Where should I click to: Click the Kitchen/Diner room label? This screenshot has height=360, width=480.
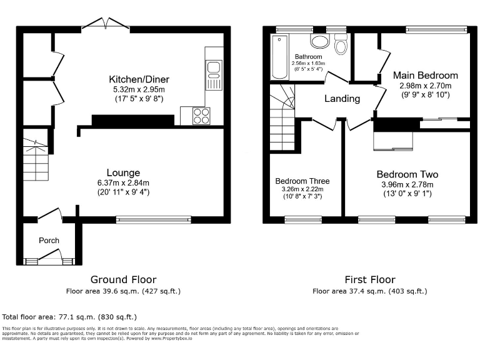(x=139, y=79)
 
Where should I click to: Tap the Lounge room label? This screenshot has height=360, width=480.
(x=123, y=172)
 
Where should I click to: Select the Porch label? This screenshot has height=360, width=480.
(x=49, y=240)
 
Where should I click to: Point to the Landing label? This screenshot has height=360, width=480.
(x=342, y=99)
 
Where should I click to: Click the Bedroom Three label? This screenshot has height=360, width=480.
(x=302, y=181)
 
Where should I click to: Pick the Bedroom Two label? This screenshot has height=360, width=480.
(x=407, y=174)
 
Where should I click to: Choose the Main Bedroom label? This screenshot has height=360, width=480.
(x=425, y=76)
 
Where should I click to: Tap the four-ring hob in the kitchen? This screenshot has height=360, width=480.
(x=201, y=116)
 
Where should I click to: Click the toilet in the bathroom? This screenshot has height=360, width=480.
(x=341, y=46)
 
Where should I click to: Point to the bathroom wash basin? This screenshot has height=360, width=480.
(x=321, y=41)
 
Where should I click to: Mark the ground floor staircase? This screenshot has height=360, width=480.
(x=36, y=159)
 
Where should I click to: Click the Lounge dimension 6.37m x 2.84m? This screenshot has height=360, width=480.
(x=123, y=183)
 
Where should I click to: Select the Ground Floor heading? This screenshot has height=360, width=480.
(x=123, y=279)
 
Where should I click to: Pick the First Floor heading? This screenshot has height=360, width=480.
(x=369, y=279)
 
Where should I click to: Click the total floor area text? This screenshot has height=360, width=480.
(x=69, y=317)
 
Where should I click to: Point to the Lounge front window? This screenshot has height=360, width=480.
(x=154, y=219)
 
